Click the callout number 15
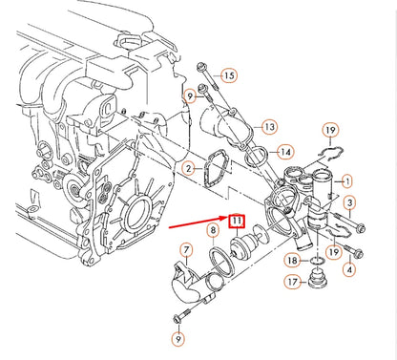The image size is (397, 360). pos(227,74)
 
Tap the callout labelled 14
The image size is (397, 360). pos(283,151)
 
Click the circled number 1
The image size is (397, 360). pos(346,180)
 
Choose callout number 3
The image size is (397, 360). pos(350,203)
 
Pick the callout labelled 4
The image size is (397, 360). pos(348,271)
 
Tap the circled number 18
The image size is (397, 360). pos(292,260)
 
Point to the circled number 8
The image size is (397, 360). pos(212,230)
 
